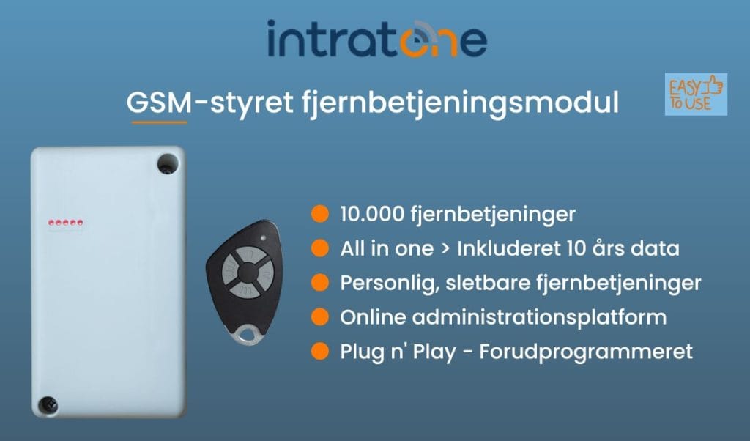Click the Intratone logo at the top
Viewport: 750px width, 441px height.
pyautogui.click(x=376, y=40)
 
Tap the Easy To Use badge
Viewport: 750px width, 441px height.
pyautogui.click(x=696, y=94)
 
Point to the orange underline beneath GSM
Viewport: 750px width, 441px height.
pyautogui.click(x=159, y=122)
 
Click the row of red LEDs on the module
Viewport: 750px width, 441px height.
pyautogui.click(x=65, y=221)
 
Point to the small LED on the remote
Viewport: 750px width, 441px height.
pyautogui.click(x=263, y=239)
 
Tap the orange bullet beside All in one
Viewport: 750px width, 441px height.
pyautogui.click(x=319, y=248)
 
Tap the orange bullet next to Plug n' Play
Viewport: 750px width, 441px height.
pyautogui.click(x=319, y=352)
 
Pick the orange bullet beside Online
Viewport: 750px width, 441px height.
pyautogui.click(x=319, y=317)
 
